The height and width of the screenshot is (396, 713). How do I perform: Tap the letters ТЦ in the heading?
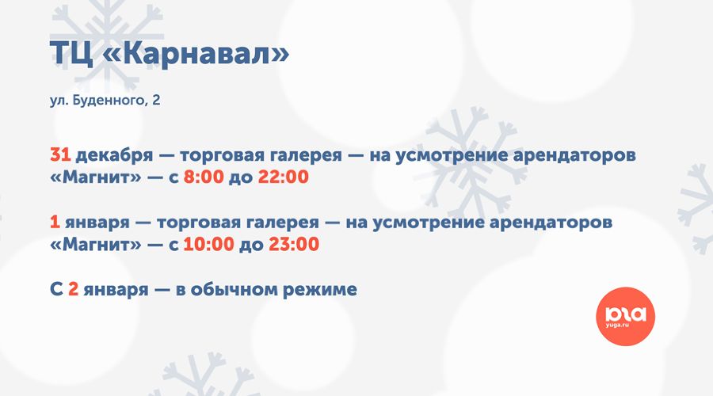click(x=71, y=54)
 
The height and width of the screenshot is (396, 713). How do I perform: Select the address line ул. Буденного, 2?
click(x=105, y=100)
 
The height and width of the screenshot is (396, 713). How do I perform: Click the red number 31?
click(x=60, y=154)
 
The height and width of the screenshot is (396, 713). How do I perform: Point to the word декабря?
click(x=114, y=155)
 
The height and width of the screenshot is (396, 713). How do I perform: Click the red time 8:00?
click(x=204, y=177)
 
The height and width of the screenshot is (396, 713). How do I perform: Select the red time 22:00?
click(x=284, y=177)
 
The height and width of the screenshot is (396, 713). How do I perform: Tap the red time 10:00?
click(x=208, y=244)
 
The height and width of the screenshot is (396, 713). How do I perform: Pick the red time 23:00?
click(x=294, y=244)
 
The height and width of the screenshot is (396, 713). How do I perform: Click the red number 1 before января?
click(x=55, y=222)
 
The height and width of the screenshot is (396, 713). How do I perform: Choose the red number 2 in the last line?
click(x=73, y=289)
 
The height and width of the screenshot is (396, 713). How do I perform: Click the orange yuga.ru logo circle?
click(x=625, y=317)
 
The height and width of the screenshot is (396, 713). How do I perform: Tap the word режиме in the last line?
click(x=320, y=290)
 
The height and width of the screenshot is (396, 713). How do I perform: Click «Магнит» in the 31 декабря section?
click(x=96, y=177)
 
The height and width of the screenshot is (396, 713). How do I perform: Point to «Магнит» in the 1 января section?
click(x=96, y=244)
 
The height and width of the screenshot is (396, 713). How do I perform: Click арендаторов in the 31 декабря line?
click(x=574, y=155)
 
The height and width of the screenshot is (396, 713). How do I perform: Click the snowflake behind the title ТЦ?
click(x=107, y=44)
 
